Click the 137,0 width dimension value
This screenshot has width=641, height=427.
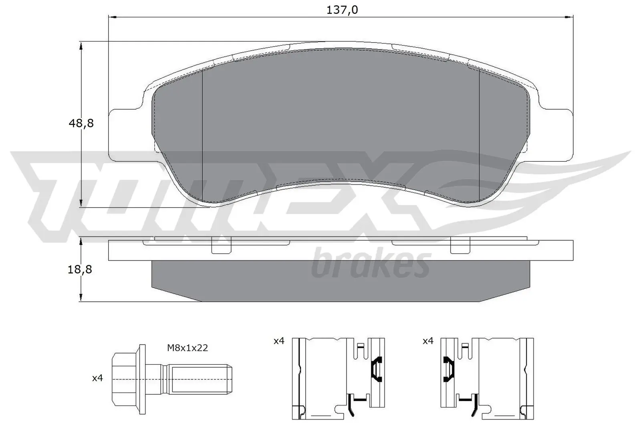pyautogui.click(x=342, y=10)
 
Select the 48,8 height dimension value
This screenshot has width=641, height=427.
pyautogui.click(x=81, y=123)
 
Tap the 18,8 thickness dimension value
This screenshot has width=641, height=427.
pyautogui.click(x=81, y=269)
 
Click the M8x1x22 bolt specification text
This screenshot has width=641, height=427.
pyautogui.click(x=187, y=348)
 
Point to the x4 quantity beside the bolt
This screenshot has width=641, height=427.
pyautogui.click(x=97, y=378)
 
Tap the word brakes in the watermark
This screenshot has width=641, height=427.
pyautogui.click(x=371, y=264)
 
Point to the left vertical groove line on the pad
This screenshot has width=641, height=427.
pyautogui.click(x=203, y=136)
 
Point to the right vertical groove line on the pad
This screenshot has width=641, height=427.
pyautogui.click(x=480, y=136)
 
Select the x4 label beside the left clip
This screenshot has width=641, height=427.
pyautogui.click(x=279, y=341)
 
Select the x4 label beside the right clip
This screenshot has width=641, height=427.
pyautogui.click(x=428, y=341)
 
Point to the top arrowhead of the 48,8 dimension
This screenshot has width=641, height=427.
pyautogui.click(x=81, y=46)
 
